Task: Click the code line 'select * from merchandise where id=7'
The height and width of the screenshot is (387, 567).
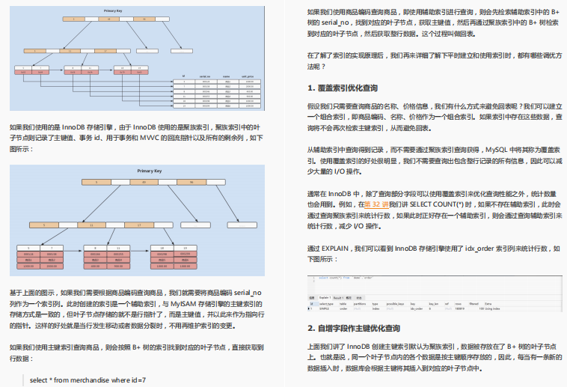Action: pos(88,380)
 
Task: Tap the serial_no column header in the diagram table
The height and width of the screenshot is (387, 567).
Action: pos(204,76)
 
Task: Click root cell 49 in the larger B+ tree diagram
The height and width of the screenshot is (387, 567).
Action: pos(133,182)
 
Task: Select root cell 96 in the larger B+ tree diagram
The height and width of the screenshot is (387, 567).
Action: pos(191,182)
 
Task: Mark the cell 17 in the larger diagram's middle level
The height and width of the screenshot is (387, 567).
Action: pos(138,225)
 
